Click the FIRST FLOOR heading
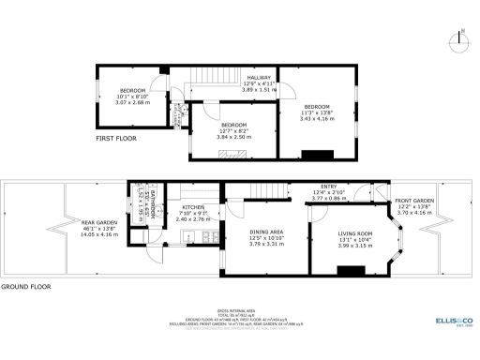coord(116,138)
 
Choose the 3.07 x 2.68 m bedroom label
coord(132,96)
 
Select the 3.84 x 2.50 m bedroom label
coord(233,130)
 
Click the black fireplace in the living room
coord(351,271)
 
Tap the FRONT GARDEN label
coord(414,206)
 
